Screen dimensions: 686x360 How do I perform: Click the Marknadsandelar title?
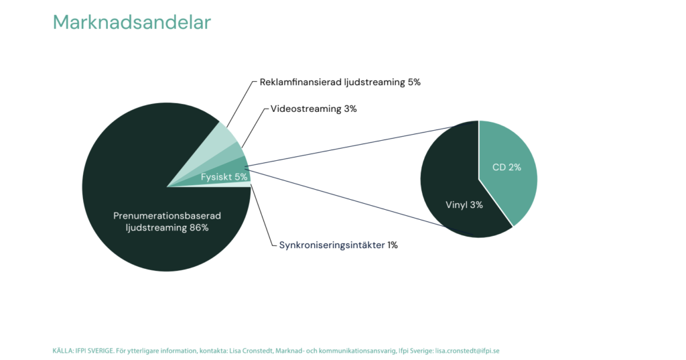pyautogui.click(x=132, y=22)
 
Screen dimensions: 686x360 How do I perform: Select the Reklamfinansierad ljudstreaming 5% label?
pyautogui.click(x=340, y=82)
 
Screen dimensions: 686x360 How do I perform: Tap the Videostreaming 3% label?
pyautogui.click(x=314, y=109)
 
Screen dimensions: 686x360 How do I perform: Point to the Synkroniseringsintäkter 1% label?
pyautogui.click(x=338, y=245)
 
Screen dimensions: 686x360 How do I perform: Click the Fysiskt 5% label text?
pyautogui.click(x=224, y=177)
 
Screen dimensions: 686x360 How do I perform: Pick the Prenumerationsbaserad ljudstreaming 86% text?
pyautogui.click(x=167, y=222)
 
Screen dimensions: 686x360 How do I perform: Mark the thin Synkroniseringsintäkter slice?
pyautogui.click(x=236, y=184)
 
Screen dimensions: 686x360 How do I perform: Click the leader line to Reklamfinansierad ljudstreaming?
pyautogui.click(x=241, y=104)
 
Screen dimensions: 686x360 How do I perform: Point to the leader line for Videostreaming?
pyautogui.click(x=254, y=128)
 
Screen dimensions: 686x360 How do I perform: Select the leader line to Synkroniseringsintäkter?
pyautogui.click(x=263, y=215)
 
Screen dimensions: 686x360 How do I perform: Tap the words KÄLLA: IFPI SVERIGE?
pyautogui.click(x=83, y=351)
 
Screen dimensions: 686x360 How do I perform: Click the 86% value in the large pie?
pyautogui.click(x=199, y=228)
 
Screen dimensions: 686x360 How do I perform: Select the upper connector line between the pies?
pyautogui.click(x=362, y=144)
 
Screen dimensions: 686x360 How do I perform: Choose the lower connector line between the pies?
pyautogui.click(x=357, y=202)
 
